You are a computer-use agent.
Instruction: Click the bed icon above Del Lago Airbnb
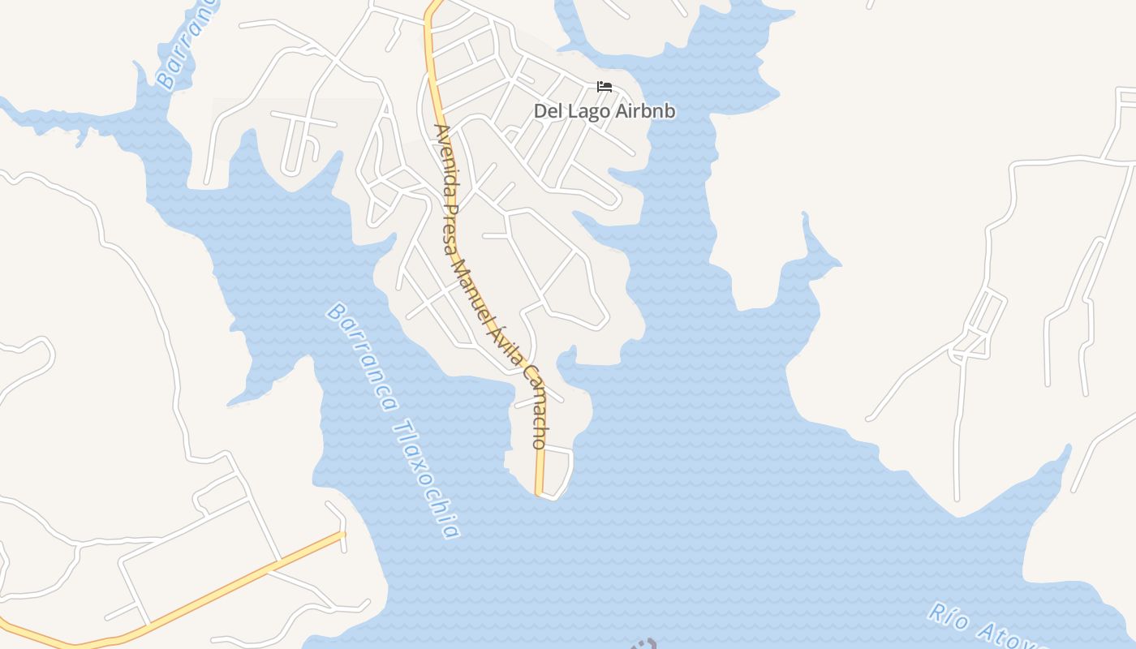pos(605,87)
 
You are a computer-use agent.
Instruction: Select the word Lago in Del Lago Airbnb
pos(583,111)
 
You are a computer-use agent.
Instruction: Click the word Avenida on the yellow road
pos(445,163)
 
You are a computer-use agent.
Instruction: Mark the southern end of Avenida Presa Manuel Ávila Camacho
pos(539,492)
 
